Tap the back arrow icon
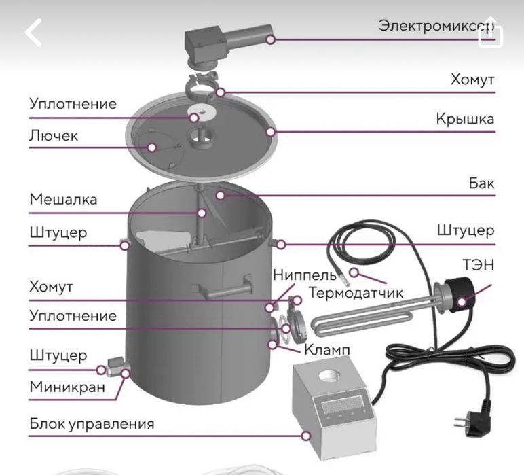(33, 32)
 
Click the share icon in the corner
(489, 35)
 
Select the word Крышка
(465, 119)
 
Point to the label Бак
(481, 183)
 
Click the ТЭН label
(479, 265)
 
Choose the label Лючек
(53, 135)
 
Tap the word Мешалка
(63, 199)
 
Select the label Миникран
(67, 387)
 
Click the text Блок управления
(92, 424)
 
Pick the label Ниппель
(304, 275)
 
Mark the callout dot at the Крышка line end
(271, 132)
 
